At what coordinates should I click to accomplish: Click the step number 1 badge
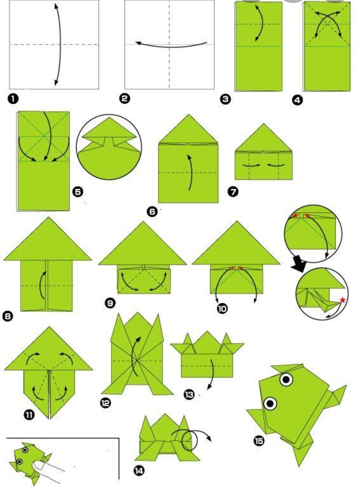click(x=13, y=99)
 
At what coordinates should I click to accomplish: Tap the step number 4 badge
click(x=297, y=100)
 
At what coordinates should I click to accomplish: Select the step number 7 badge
click(x=233, y=192)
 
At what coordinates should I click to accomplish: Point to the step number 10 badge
click(x=222, y=309)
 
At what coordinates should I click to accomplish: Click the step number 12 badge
click(x=106, y=403)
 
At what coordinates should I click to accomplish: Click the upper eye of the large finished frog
click(x=286, y=380)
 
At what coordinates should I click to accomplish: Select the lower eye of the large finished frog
click(x=270, y=403)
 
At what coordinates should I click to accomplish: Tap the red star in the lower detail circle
click(x=343, y=300)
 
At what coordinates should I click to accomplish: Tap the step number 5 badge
click(x=78, y=192)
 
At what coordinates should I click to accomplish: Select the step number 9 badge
click(x=110, y=303)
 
